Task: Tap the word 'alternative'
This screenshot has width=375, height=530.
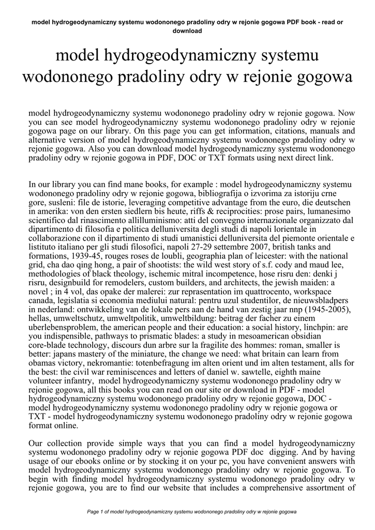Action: (48, 140)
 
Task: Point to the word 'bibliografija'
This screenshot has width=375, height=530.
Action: (228, 194)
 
